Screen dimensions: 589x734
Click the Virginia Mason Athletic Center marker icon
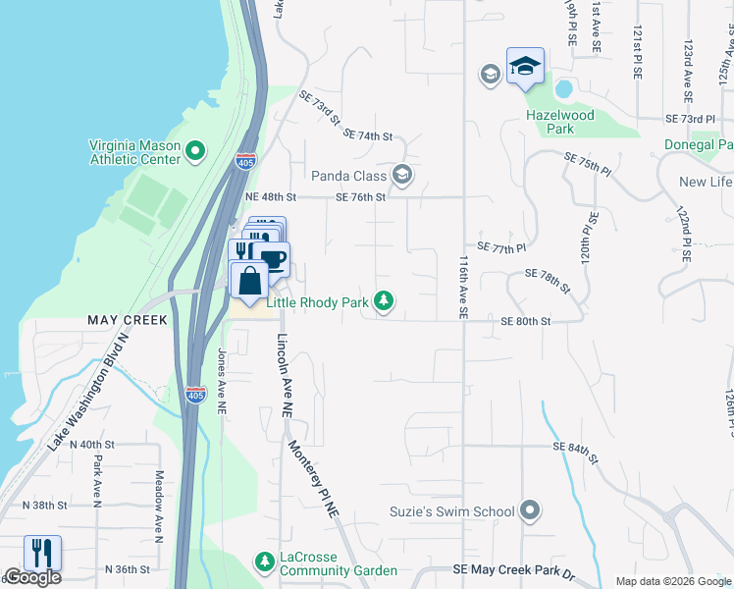point(194,151)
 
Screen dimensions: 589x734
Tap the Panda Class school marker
point(401,176)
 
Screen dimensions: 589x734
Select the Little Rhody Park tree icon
point(386,302)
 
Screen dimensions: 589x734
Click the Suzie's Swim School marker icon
point(530,510)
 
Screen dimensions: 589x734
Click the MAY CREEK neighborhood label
point(129,321)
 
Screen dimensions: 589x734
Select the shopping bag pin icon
point(249,280)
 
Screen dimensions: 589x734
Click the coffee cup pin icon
point(273,259)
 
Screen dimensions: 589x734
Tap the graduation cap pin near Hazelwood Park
point(525,67)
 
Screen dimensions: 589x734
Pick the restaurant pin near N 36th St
point(42,553)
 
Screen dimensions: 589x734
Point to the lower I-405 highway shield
point(196,395)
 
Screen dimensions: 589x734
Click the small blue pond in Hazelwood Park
point(563,89)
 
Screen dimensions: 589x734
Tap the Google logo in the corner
point(31,578)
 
